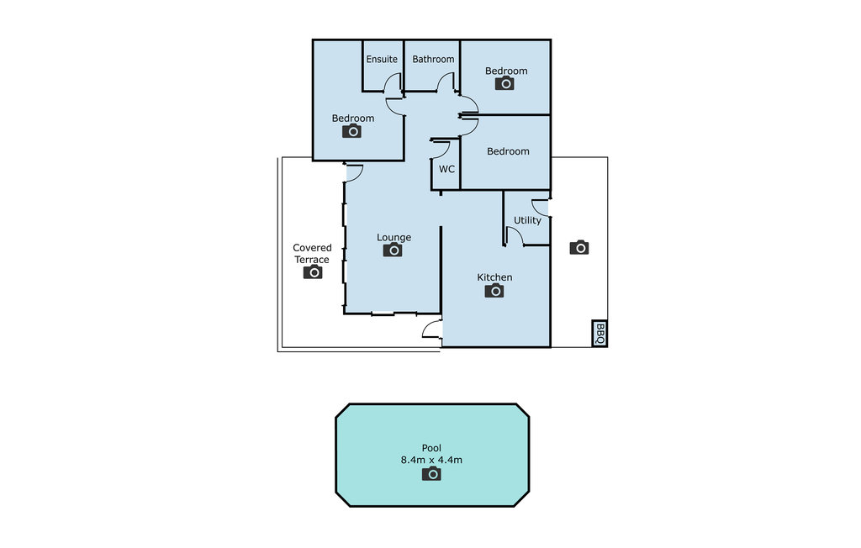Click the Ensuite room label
point(382,60)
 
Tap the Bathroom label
point(433,60)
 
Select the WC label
point(446,169)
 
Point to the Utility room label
point(527,220)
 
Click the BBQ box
point(600,334)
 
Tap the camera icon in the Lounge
point(393,250)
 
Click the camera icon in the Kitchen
point(494,291)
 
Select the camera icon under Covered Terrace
point(313,271)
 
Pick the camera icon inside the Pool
point(431,473)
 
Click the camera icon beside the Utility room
point(579,247)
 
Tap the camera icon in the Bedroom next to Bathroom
point(504,83)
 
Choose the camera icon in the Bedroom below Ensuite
point(352,130)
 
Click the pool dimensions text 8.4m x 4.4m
point(431,460)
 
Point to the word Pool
point(431,448)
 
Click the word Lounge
point(394,237)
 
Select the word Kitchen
point(494,277)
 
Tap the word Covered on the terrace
point(312,248)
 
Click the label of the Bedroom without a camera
point(508,151)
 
